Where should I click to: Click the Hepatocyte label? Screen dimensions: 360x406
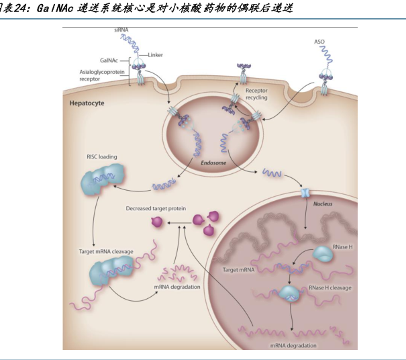point(88,103)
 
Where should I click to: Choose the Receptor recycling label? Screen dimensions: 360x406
point(256,93)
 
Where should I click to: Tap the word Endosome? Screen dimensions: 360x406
point(214,161)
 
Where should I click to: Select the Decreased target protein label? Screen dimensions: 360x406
point(156,209)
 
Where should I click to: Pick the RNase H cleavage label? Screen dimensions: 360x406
point(330,287)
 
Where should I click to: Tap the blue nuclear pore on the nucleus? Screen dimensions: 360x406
point(305,193)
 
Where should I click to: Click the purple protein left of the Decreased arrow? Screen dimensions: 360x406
point(158,222)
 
